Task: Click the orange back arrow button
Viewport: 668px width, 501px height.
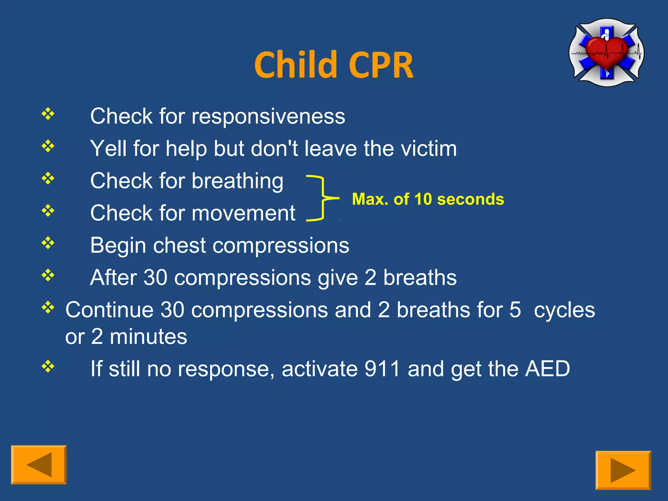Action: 39,464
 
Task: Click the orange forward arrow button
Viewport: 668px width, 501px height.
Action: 623,470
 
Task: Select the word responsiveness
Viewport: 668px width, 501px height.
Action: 268,116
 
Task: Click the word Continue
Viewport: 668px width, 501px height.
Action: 109,310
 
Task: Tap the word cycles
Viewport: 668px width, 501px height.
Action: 564,310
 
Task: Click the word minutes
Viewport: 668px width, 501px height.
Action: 148,337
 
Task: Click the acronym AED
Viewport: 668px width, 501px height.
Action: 547,369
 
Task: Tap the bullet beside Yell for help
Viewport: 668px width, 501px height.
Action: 48,146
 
